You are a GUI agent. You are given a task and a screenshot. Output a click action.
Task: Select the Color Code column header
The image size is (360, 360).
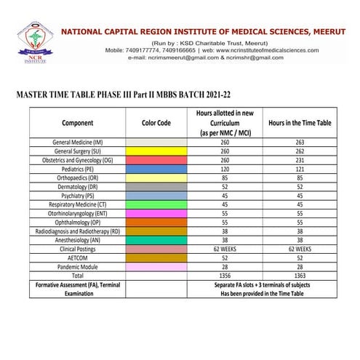click(156, 123)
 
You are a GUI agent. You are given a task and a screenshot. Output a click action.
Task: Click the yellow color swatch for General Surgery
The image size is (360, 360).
click(156, 151)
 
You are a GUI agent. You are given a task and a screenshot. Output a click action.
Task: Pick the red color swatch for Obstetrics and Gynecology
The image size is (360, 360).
click(156, 159)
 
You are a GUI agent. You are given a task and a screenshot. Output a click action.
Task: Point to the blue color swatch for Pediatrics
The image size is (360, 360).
click(156, 168)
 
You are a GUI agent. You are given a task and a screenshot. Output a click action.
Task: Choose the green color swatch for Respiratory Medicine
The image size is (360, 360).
click(156, 204)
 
